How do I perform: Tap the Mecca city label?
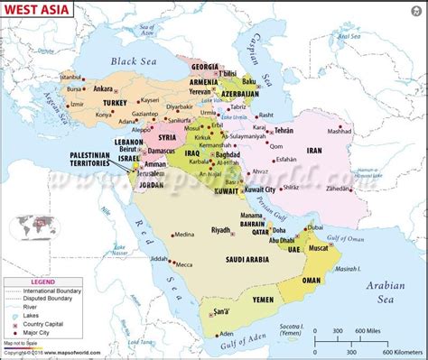184,264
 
